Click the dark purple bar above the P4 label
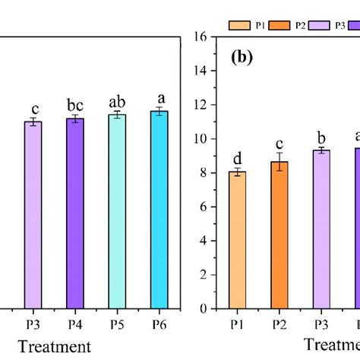[75, 213]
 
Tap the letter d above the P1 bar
[238, 158]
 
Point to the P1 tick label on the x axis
[238, 323]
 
